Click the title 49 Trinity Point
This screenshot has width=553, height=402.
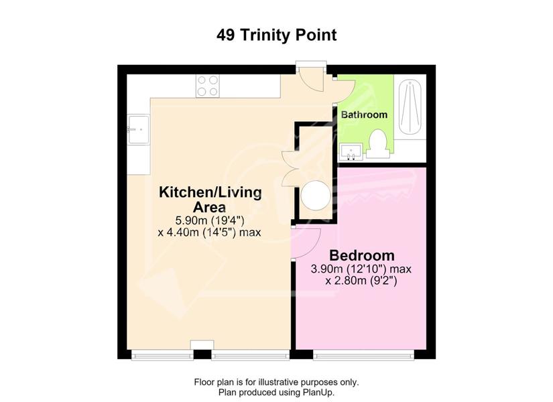click(276, 35)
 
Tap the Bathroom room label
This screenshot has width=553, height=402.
click(365, 115)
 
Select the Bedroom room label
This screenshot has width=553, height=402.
click(362, 255)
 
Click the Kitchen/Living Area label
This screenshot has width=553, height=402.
click(210, 199)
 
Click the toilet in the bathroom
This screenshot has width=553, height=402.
click(378, 144)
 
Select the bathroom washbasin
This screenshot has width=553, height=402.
click(351, 152)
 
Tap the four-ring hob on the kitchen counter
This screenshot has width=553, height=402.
click(207, 86)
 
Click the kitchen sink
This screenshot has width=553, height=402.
click(139, 129)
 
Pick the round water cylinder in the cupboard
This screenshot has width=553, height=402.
click(316, 196)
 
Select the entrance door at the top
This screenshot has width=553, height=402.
click(310, 79)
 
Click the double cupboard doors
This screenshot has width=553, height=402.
click(290, 169)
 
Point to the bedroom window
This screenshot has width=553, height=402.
click(363, 355)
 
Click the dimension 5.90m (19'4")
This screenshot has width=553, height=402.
click(210, 220)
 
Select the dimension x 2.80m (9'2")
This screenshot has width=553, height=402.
click(361, 281)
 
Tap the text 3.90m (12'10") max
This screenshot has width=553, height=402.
click(361, 269)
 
